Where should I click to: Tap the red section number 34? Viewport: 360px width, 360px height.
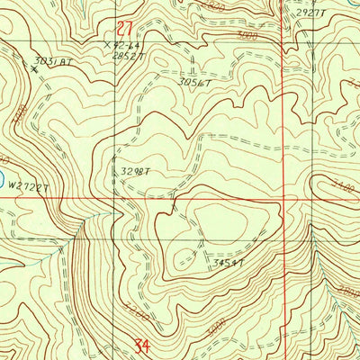pos(139,344)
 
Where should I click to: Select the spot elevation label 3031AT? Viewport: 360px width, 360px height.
pos(50,62)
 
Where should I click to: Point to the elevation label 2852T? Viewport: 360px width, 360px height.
pos(129,55)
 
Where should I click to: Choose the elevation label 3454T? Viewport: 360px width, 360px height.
pos(228,263)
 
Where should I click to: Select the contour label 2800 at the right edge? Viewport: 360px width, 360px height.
pos(349,292)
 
